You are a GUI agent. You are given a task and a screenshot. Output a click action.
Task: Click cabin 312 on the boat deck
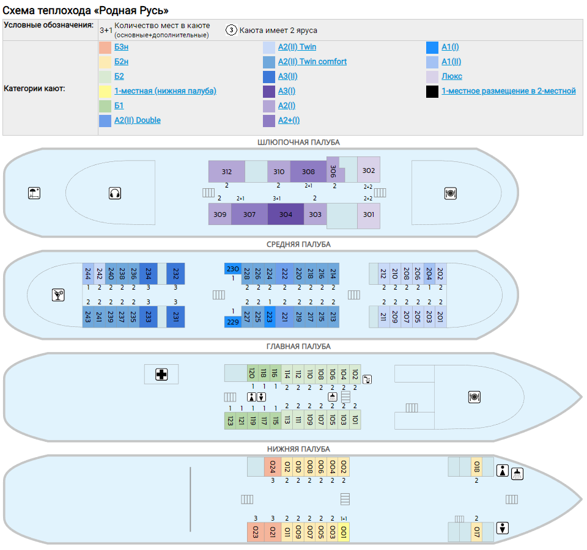point(226,171)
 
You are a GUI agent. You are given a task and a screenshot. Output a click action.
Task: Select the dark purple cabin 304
point(286,214)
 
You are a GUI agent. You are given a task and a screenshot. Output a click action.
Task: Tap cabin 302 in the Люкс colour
point(369,170)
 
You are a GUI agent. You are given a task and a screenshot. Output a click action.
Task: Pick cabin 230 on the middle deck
point(232,269)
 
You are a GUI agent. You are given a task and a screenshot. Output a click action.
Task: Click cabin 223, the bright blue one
point(270,317)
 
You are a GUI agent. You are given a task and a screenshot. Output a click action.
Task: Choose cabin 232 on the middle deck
point(175,274)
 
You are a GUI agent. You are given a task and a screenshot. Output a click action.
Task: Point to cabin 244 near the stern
point(88,274)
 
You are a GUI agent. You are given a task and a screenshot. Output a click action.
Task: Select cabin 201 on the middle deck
point(441,317)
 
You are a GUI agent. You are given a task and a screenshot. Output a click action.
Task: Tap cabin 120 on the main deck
point(253,373)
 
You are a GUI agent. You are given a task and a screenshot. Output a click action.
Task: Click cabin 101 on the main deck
point(355,420)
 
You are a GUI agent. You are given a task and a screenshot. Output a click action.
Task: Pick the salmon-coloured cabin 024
point(273,467)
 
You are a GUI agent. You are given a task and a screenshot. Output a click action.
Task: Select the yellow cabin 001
point(343,532)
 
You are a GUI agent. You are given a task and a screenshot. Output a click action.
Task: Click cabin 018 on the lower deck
point(476,467)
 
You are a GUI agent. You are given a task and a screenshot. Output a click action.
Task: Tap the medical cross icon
point(161,374)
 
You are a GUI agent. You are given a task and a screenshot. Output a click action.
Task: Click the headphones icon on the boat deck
point(115,193)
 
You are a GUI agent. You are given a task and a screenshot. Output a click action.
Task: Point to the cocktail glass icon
point(58,295)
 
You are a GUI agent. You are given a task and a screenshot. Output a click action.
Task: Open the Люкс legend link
point(452,76)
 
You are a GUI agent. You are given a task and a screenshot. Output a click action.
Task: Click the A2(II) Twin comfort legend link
point(312,61)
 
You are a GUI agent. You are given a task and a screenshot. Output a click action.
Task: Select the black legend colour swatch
point(432,91)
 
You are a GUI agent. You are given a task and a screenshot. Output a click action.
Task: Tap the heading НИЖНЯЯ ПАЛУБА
point(298,449)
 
